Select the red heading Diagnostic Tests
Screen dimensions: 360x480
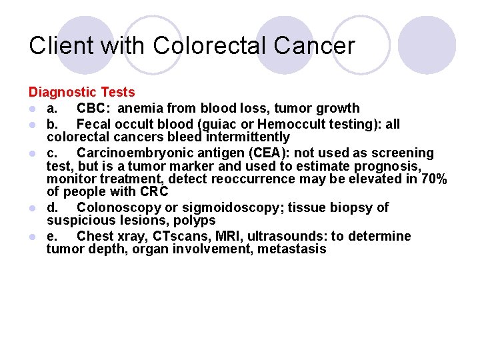tap(81, 93)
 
